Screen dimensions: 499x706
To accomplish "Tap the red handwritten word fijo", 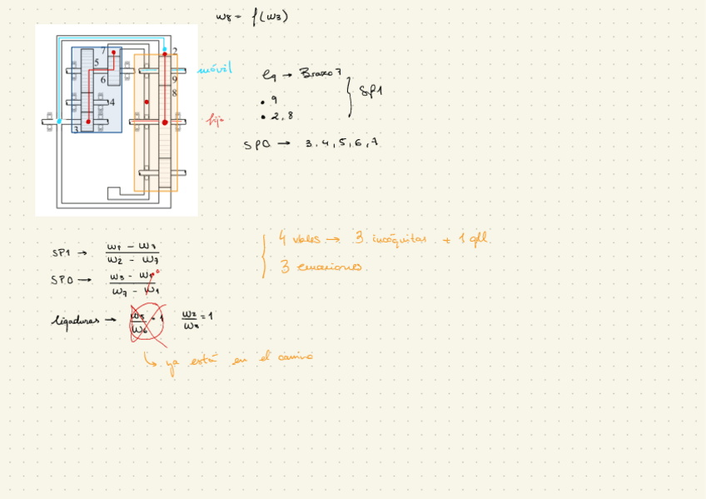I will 216,121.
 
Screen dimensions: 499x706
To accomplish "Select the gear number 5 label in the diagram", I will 97,62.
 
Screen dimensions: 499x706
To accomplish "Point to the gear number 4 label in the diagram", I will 111,102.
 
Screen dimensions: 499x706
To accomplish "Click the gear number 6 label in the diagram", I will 103,80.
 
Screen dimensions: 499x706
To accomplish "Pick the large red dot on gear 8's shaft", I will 165,122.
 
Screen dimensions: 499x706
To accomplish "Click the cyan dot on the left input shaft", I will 59,122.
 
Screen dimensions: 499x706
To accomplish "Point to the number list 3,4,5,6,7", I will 341,143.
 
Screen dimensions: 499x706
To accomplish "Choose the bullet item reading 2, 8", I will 280,117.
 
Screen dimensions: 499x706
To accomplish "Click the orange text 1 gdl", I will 470,240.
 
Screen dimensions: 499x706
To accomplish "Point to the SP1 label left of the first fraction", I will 62,253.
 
